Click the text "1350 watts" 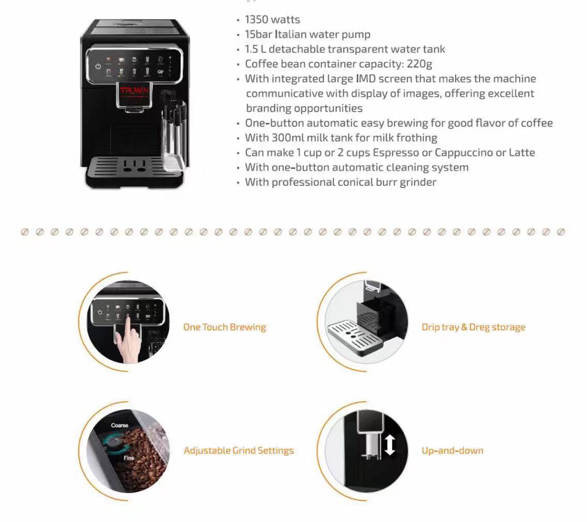point(272,20)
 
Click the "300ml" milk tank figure point(289,138)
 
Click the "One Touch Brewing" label point(225,327)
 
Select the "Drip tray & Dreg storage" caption point(473,327)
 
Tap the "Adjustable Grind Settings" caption point(239,451)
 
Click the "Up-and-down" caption point(452,451)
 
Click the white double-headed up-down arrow point(390,445)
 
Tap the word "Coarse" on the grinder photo point(120,426)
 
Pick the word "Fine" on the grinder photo point(129,458)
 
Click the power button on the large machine point(97,66)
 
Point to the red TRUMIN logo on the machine point(134,92)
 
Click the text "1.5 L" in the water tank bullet point(255,50)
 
